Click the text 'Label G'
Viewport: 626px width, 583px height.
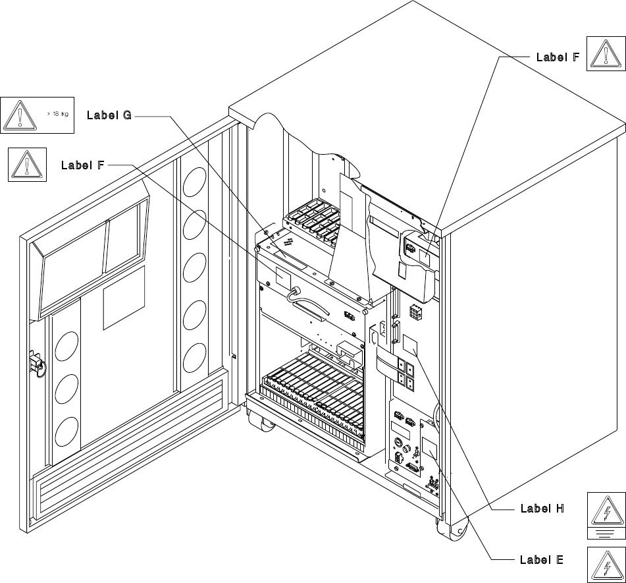(x=110, y=115)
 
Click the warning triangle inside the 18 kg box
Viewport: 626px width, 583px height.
(x=22, y=115)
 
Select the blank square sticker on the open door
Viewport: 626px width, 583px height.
(x=123, y=298)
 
